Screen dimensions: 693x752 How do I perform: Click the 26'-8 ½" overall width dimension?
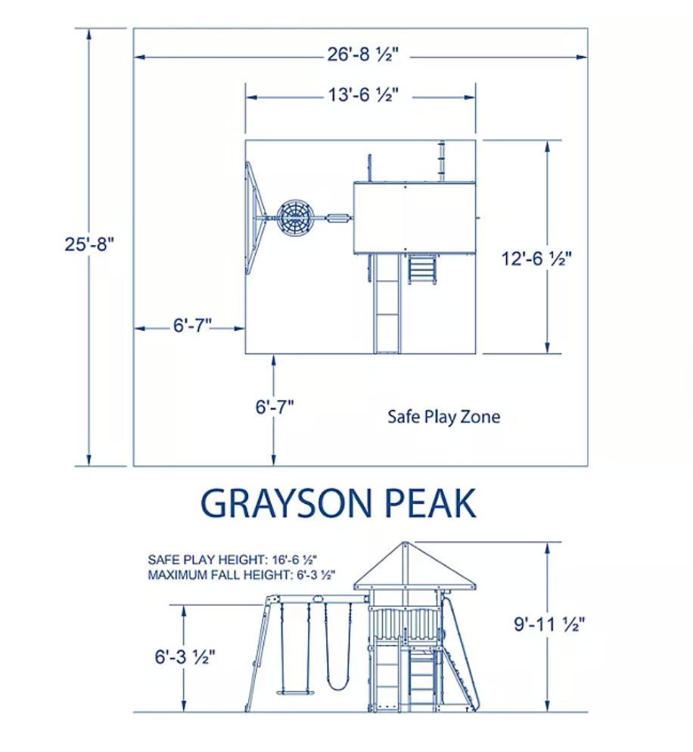tap(362, 54)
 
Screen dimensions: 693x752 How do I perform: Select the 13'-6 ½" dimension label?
tap(363, 95)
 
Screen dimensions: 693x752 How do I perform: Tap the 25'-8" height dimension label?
tap(89, 244)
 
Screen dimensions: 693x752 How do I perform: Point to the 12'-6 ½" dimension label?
tap(536, 259)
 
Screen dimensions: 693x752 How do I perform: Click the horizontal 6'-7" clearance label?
tap(192, 325)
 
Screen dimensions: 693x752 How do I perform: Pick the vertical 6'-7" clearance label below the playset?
tap(275, 407)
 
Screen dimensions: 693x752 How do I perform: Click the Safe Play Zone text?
tap(443, 417)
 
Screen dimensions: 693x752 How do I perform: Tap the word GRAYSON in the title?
tap(286, 503)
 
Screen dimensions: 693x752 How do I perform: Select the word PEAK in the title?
tap(430, 503)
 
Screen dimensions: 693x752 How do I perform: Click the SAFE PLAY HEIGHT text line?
tap(232, 560)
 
